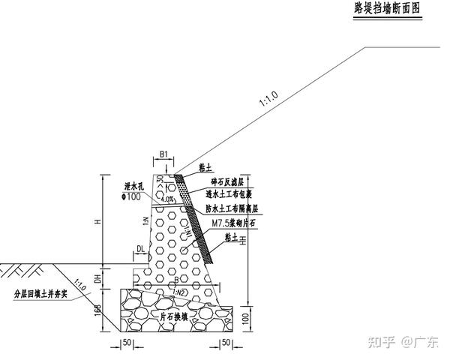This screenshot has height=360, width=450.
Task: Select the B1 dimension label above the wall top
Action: coord(163,155)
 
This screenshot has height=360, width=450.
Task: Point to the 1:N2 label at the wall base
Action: coord(180,291)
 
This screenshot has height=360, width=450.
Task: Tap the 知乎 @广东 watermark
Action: coord(403,343)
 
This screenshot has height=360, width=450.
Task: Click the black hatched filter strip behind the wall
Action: coord(197,217)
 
